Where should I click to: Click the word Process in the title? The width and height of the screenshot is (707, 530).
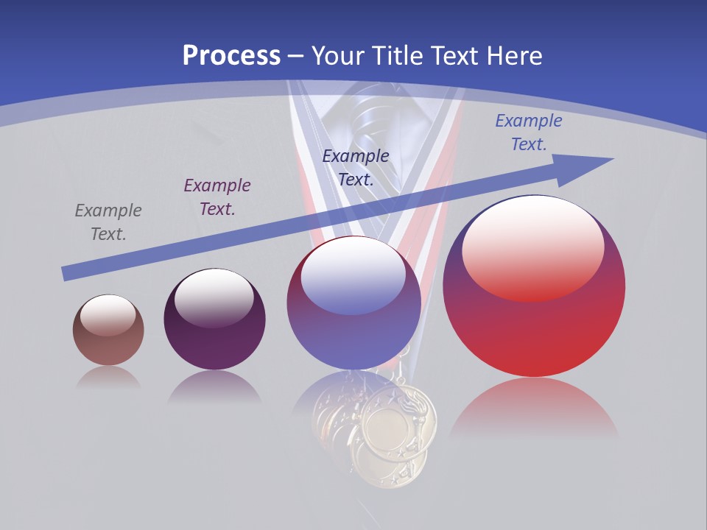click(x=231, y=55)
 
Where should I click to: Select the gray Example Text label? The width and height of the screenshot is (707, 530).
click(x=108, y=222)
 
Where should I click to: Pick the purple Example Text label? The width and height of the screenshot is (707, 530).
click(x=217, y=197)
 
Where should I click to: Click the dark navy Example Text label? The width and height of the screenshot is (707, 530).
click(x=356, y=168)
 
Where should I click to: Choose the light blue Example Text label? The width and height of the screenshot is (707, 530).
click(x=529, y=132)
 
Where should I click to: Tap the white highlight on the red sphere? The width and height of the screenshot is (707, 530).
click(x=533, y=247)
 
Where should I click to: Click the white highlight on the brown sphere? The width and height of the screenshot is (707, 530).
click(x=108, y=315)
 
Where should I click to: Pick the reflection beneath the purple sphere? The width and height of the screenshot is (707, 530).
click(x=214, y=386)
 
